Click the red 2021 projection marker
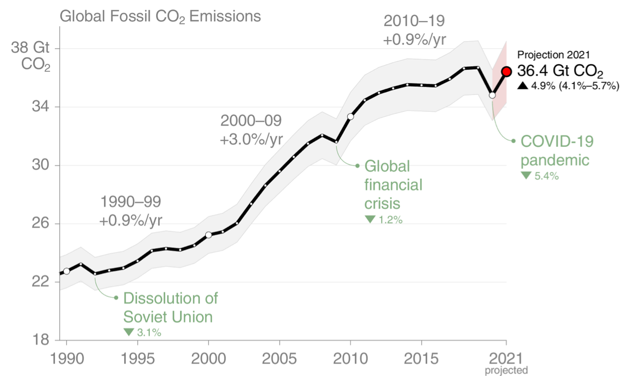pyautogui.click(x=506, y=72)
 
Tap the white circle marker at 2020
pyautogui.click(x=492, y=95)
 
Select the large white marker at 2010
pyautogui.click(x=351, y=117)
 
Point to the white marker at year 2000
pyautogui.click(x=209, y=235)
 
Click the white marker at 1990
pyautogui.click(x=66, y=271)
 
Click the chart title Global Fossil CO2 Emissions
pyautogui.click(x=160, y=16)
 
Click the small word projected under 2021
pyautogui.click(x=506, y=370)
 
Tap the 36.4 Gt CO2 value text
pyautogui.click(x=560, y=71)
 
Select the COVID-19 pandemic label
pyautogui.click(x=557, y=150)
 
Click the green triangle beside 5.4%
pyautogui.click(x=526, y=175)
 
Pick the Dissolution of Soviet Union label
pyautogui.click(x=171, y=307)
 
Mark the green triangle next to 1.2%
pyautogui.click(x=370, y=219)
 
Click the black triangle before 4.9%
pyautogui.click(x=523, y=86)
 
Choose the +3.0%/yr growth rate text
pyautogui.click(x=251, y=139)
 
